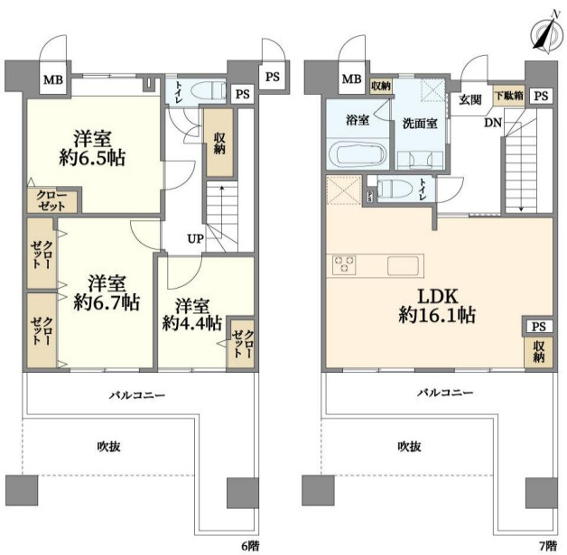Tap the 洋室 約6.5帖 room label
92,148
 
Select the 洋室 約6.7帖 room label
107,292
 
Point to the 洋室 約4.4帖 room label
192,314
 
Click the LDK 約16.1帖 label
437,306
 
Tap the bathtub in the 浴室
358,153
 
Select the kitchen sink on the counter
404,265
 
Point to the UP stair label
195,238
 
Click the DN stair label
493,123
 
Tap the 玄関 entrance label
470,99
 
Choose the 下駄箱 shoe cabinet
509,97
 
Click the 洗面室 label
420,124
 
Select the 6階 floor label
250,546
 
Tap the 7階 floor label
548,546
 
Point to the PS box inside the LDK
538,327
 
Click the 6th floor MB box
53,79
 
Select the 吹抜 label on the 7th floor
409,447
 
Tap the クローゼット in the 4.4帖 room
241,344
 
